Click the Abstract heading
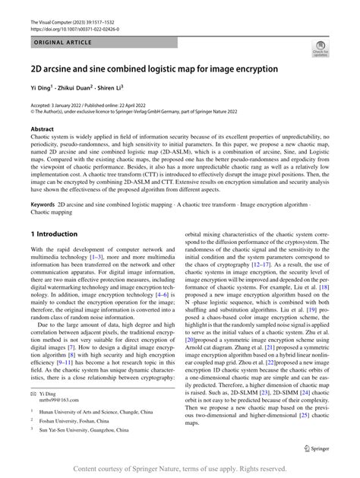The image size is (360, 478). pyautogui.click(x=43, y=130)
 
